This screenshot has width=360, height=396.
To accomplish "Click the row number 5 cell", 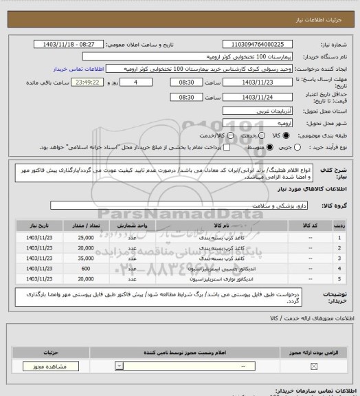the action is [339, 279].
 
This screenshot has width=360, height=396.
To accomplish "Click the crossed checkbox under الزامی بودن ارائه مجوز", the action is [314, 366].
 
